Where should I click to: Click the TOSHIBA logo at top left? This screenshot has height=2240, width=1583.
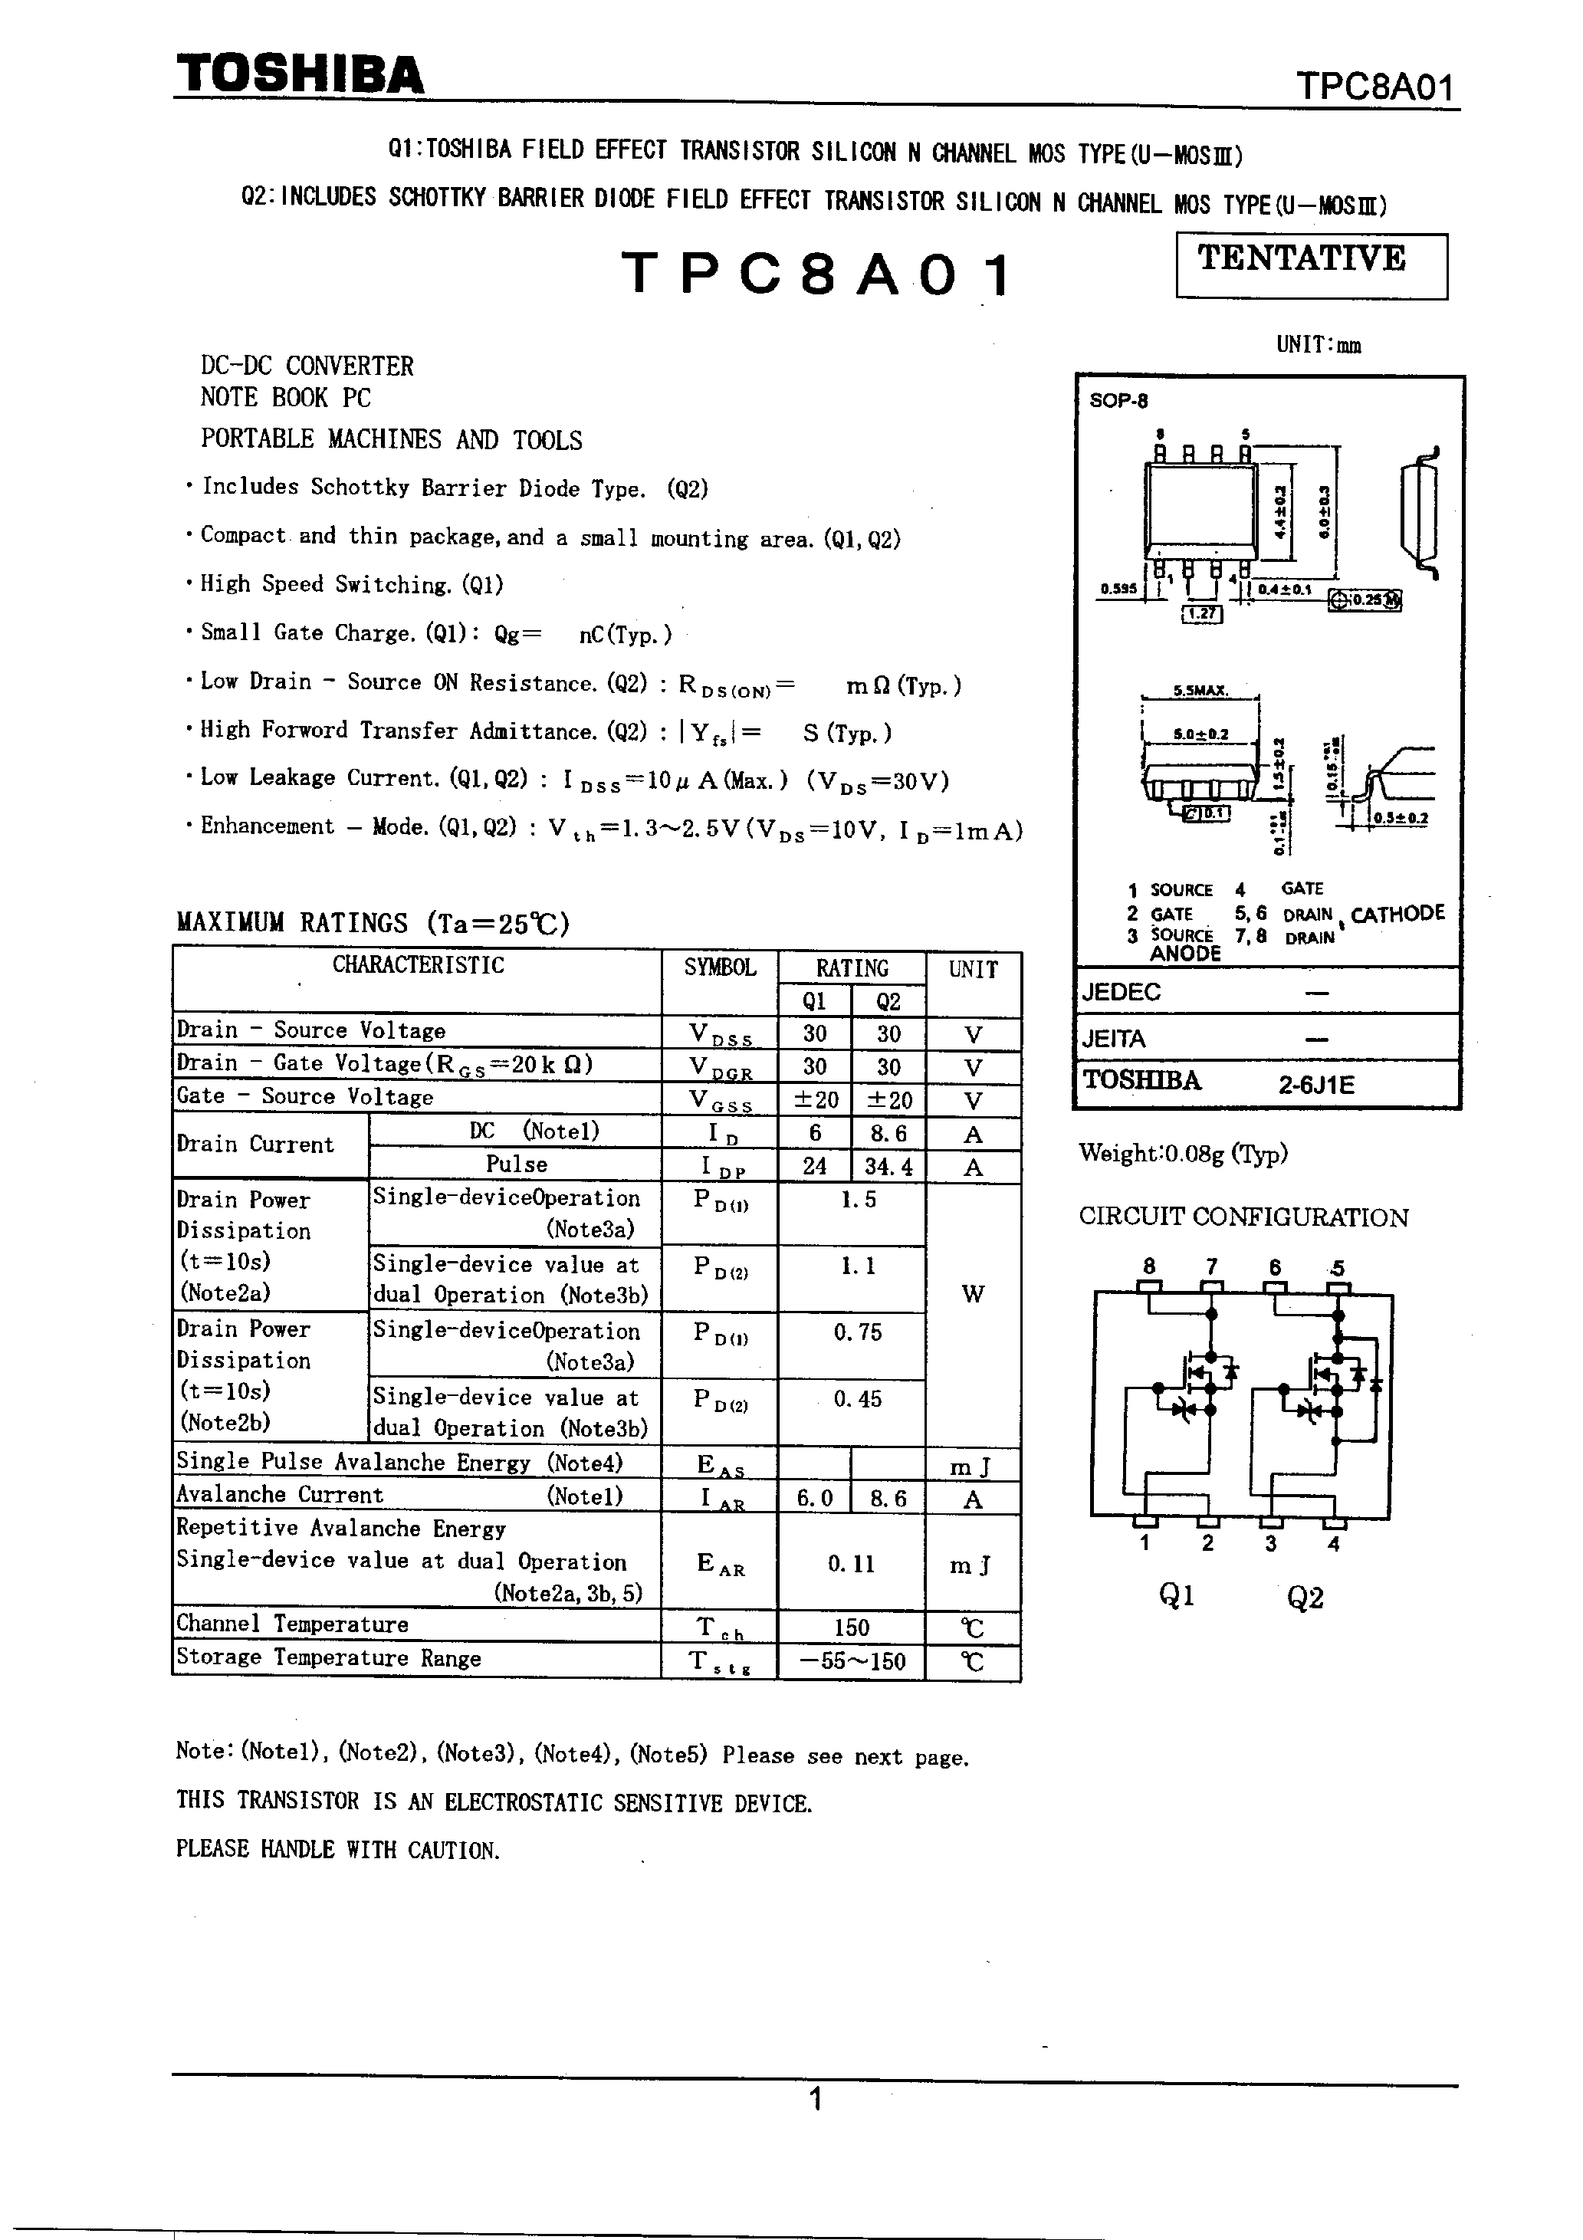coord(300,75)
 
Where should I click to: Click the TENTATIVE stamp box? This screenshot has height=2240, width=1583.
coord(1311,264)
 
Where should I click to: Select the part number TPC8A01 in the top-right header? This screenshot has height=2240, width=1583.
coord(1375,88)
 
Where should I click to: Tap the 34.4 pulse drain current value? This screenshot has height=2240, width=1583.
coord(888,1166)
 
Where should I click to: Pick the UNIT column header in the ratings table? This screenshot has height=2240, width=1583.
coord(973,969)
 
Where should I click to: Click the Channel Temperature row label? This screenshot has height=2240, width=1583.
coord(293,1624)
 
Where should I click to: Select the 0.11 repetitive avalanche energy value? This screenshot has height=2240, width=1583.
coord(852,1563)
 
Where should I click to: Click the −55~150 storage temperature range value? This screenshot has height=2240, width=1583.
coord(852,1660)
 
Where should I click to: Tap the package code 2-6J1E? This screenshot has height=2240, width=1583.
coord(1317,1085)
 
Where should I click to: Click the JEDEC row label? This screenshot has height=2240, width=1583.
coord(1122,992)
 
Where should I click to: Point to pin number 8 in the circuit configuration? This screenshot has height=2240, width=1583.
coord(1149,1266)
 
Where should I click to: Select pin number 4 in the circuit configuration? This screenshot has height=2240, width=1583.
coord(1333,1543)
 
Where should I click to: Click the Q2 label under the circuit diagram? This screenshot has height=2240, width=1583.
coord(1305,1598)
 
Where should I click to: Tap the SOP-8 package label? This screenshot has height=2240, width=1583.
coord(1118,400)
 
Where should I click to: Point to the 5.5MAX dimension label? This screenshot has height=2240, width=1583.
coord(1200,690)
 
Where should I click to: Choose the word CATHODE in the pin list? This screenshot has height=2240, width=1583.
coord(1397,913)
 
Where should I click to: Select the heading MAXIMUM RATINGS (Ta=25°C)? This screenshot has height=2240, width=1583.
coord(373,922)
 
